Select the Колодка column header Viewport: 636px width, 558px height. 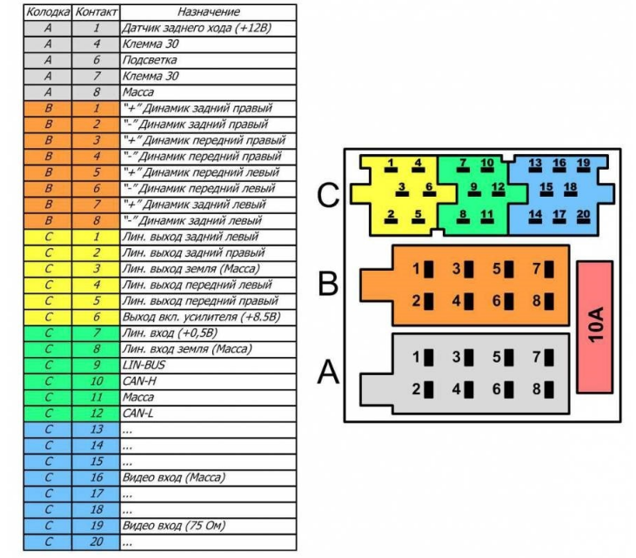click(47, 12)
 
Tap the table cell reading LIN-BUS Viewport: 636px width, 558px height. click(144, 365)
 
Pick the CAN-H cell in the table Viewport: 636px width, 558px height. click(140, 381)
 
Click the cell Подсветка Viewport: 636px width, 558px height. click(150, 60)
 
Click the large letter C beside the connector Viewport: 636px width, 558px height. click(328, 198)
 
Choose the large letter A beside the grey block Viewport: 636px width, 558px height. click(328, 373)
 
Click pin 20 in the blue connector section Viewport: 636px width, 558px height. click(583, 215)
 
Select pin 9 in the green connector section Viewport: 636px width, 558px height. click(474, 188)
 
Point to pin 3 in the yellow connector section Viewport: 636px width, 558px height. click(403, 188)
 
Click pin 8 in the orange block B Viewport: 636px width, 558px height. click(541, 300)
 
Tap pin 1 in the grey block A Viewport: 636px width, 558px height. click(421, 357)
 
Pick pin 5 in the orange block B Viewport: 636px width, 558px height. click(502, 269)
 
